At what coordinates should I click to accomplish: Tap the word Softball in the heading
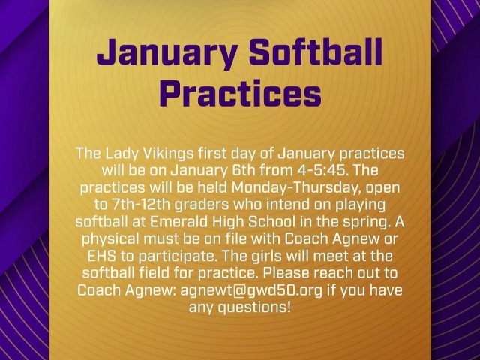[x=321, y=54]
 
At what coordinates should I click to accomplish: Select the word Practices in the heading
[x=241, y=94]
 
